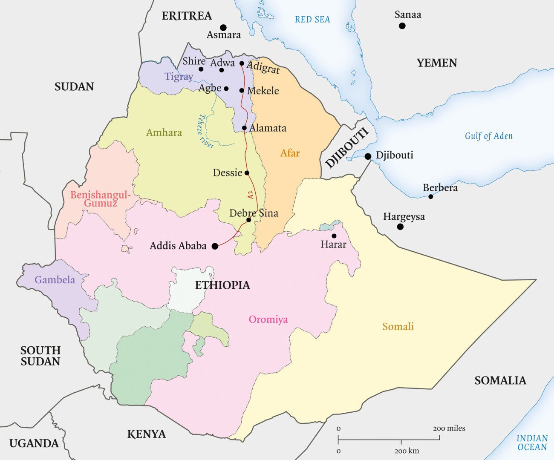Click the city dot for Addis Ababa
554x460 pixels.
point(215,246)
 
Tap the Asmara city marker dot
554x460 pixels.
point(223,28)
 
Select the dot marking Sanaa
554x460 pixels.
point(402,26)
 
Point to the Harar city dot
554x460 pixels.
point(334,236)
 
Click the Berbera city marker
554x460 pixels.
point(431,197)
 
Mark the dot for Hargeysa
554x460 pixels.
point(400,227)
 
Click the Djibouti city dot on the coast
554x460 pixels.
point(368,157)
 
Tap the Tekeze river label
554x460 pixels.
point(205,132)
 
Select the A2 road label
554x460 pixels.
point(251,195)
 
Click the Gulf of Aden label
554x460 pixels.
point(488,136)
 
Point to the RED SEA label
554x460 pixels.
point(312,20)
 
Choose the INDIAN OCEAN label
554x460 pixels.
point(532,443)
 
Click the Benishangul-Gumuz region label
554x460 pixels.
point(101,199)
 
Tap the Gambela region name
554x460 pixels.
point(55,280)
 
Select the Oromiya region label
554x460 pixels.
point(268,319)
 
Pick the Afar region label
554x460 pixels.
point(290,153)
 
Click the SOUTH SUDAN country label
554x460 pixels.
point(40,356)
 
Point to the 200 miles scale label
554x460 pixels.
point(449,428)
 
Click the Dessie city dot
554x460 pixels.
point(247,173)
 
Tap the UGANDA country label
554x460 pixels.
point(34,443)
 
